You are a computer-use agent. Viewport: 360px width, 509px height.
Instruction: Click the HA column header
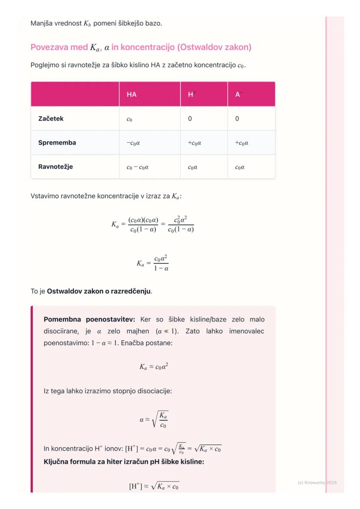pyautogui.click(x=132, y=94)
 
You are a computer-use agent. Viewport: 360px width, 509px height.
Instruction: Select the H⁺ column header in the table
pyautogui.click(x=191, y=94)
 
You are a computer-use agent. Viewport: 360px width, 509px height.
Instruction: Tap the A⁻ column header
pyautogui.click(x=238, y=94)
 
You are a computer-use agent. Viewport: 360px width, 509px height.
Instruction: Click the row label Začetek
pyautogui.click(x=51, y=118)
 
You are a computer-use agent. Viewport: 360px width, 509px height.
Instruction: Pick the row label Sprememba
pyautogui.click(x=57, y=143)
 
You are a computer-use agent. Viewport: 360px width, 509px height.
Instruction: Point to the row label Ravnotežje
pyautogui.click(x=56, y=166)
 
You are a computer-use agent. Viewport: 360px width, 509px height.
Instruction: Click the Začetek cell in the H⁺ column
pyautogui.click(x=190, y=119)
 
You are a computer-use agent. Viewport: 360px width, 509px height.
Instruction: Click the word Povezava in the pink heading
pyautogui.click(x=49, y=47)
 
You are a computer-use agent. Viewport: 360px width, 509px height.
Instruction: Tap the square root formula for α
pyautogui.click(x=154, y=420)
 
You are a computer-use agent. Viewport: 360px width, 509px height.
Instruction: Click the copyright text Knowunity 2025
pyautogui.click(x=317, y=482)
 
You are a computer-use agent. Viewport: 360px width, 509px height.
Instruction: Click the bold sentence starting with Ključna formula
pyautogui.click(x=124, y=461)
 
